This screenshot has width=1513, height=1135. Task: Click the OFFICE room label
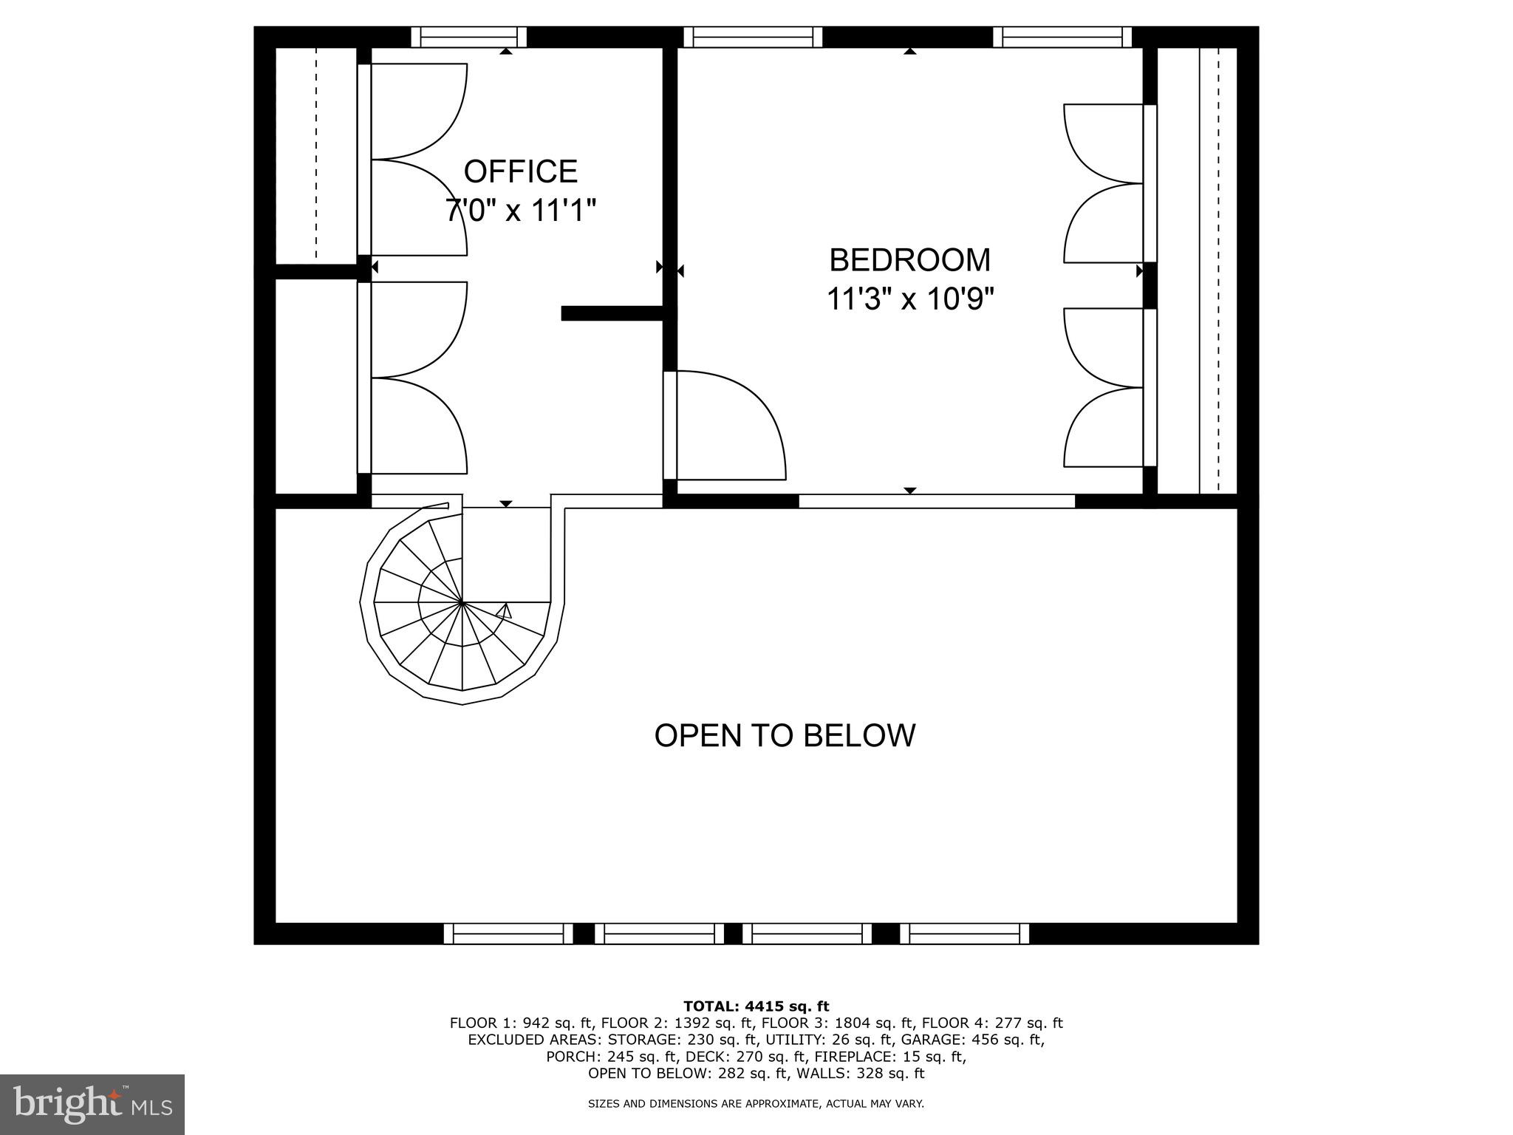[x=520, y=171]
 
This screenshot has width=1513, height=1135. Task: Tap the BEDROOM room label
[x=909, y=260]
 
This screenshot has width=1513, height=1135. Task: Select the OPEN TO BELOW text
[x=785, y=736]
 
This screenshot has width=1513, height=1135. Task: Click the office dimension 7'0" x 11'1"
[x=520, y=211]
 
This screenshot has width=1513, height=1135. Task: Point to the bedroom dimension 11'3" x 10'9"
[x=909, y=299]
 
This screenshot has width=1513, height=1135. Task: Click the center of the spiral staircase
[x=462, y=603]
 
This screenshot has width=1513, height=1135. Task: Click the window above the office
[x=468, y=37]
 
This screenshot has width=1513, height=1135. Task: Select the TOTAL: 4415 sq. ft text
[x=756, y=1006]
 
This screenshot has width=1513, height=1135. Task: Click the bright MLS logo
[x=92, y=1104]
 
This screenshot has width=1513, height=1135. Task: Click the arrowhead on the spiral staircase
[x=505, y=611]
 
